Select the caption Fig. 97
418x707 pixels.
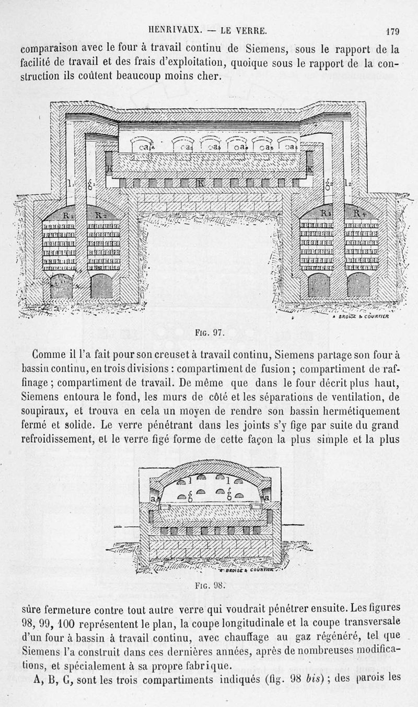tap(208, 331)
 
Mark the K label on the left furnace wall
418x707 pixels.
tap(109, 169)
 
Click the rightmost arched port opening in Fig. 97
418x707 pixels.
tap(288, 145)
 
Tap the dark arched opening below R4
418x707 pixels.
tap(359, 285)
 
